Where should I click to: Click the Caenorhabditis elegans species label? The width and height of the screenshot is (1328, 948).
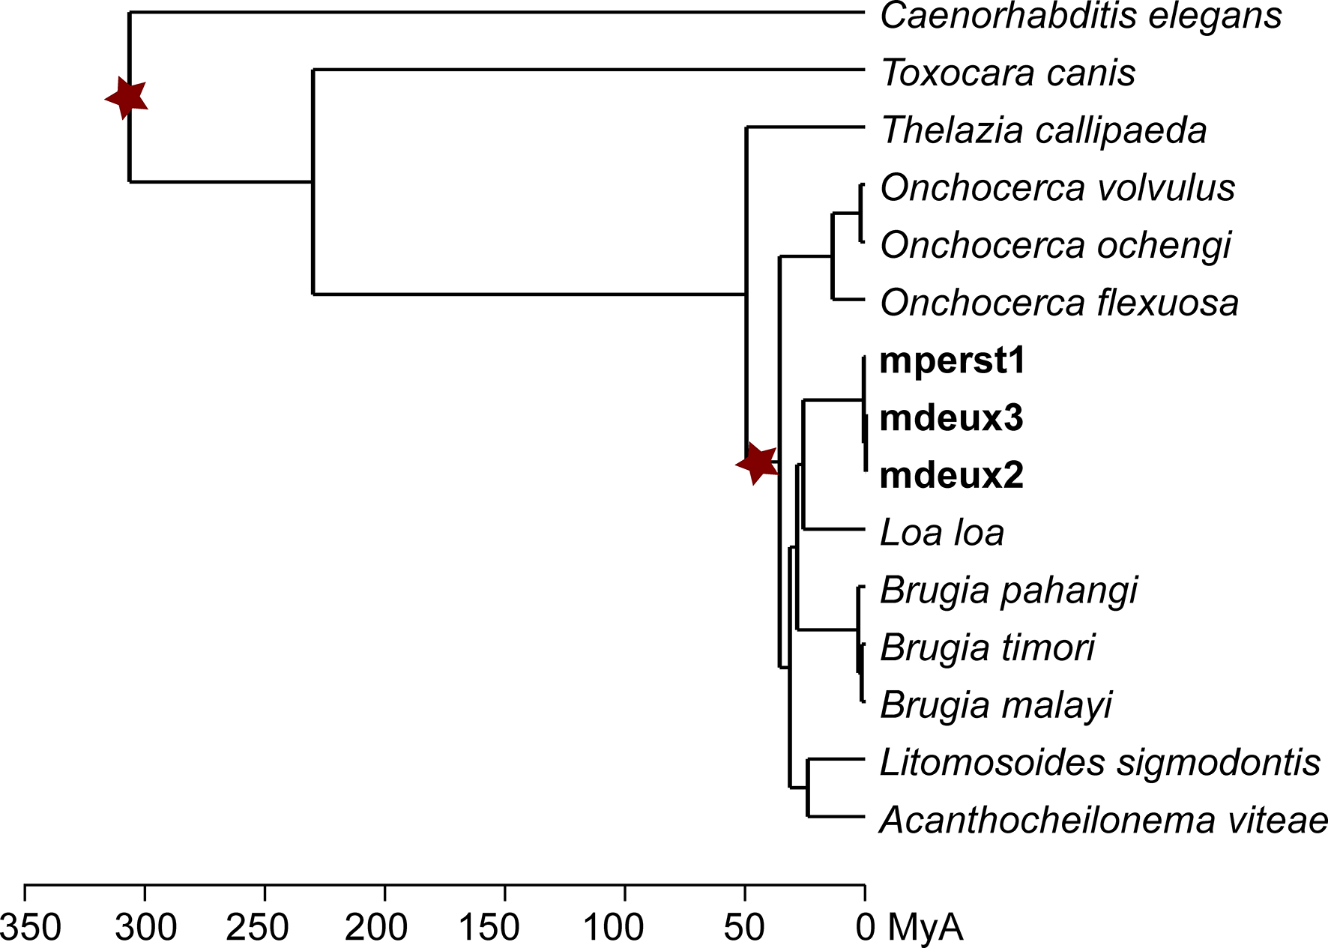point(1081,16)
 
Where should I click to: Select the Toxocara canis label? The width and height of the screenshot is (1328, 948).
point(1007,73)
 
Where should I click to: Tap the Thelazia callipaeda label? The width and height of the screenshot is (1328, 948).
point(1043,131)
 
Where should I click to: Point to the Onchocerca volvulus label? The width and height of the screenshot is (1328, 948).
point(1057,188)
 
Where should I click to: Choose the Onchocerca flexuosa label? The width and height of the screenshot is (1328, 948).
point(1059,304)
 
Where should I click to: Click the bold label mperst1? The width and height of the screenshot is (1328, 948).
point(952,360)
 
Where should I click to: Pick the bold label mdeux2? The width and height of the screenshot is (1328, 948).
point(951,476)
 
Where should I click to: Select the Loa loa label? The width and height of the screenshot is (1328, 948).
point(941,533)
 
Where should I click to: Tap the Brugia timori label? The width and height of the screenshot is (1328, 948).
point(987,648)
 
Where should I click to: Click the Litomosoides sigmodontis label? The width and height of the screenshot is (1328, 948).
point(1099,763)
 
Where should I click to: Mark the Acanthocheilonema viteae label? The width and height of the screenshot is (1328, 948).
point(1103,821)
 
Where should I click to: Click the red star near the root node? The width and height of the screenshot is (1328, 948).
point(127,97)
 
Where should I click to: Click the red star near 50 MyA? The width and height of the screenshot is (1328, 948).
point(758,464)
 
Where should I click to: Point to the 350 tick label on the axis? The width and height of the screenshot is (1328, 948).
point(30,928)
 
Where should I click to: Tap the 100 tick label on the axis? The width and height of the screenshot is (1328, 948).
point(613,928)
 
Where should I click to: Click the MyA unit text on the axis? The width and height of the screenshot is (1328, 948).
point(925,928)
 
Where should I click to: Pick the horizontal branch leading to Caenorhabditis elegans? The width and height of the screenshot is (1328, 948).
point(495,13)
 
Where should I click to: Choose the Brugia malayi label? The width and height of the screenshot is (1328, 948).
point(996,706)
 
